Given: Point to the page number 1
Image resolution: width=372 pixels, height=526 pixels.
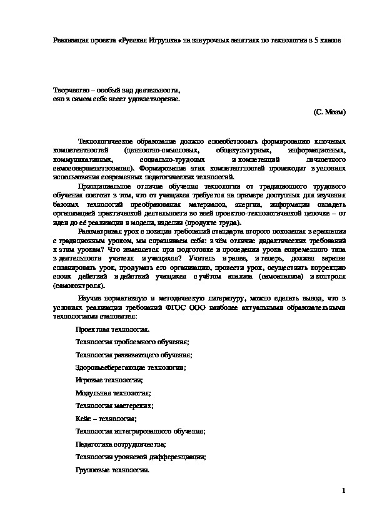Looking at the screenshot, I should coord(344,490).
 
